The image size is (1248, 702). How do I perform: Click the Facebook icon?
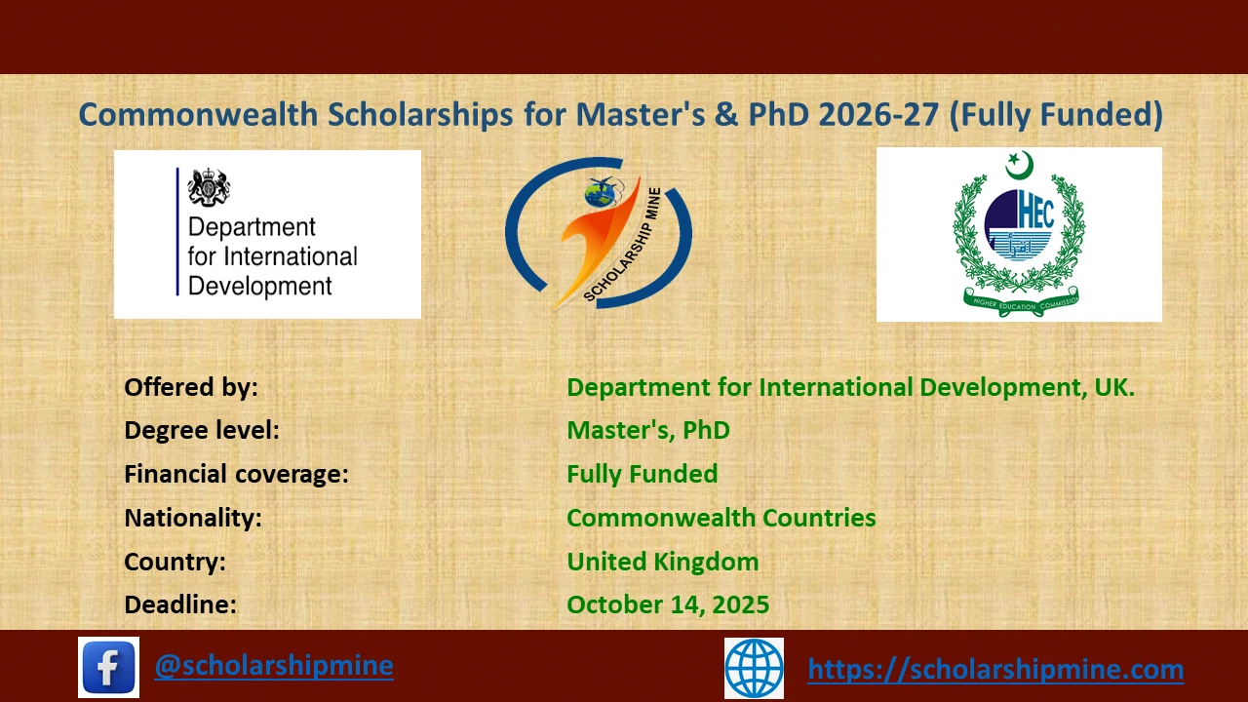coord(108,667)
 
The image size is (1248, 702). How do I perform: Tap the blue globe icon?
coord(754,668)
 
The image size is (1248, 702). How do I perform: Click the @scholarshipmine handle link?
coord(274,665)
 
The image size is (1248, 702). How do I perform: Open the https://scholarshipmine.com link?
coord(995,669)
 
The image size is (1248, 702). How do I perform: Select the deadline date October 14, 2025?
coord(668,604)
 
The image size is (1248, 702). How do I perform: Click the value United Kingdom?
coord(662,562)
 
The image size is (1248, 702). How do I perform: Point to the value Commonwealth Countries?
coord(721,518)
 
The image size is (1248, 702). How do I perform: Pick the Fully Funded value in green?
coord(642,474)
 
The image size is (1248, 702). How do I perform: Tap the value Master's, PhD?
coord(647,430)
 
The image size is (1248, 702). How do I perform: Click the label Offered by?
coord(191,387)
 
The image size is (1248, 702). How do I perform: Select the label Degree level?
coord(202,430)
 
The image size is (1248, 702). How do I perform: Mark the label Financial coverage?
coord(236,474)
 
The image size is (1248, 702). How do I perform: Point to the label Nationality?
coord(193,518)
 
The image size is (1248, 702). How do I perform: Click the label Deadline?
coord(180,604)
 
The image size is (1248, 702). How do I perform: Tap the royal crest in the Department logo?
coord(208,186)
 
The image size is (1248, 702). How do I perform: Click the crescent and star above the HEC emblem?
coord(1019,165)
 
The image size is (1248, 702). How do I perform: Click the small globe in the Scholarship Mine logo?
coord(598,194)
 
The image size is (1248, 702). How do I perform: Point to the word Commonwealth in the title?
coord(198,115)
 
